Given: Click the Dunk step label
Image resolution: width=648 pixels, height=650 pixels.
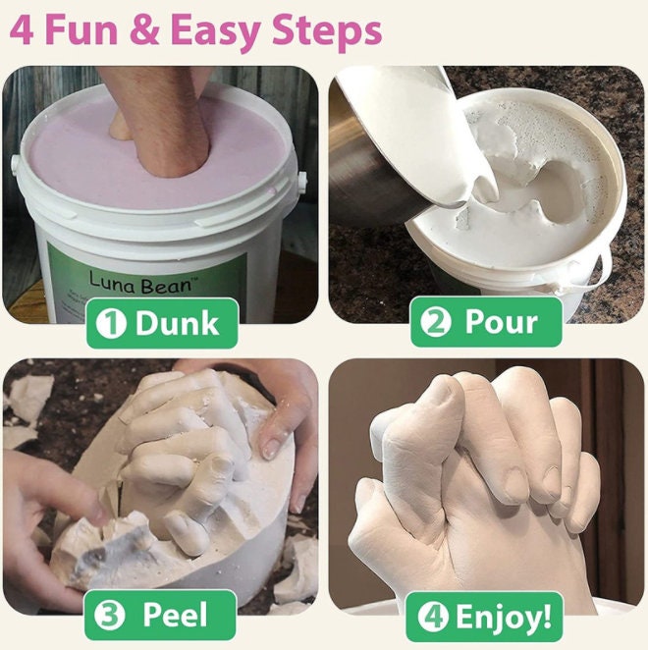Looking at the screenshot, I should click(x=177, y=323).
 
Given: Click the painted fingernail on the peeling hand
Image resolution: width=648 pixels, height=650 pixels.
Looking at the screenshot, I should click(x=269, y=447).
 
